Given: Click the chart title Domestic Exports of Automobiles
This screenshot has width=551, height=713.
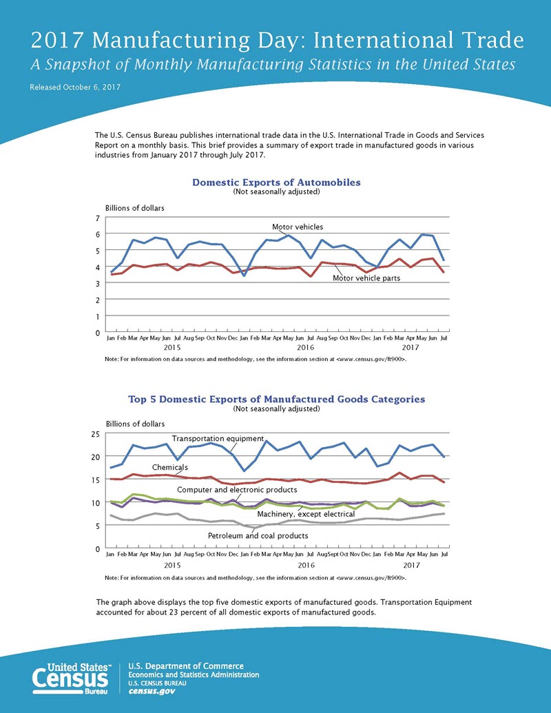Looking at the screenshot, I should point(276,183).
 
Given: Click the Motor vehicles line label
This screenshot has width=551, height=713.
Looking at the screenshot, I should point(298,227).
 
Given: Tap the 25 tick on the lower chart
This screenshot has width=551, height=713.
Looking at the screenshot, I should point(95,434).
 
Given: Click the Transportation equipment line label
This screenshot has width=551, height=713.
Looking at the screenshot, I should point(218,439).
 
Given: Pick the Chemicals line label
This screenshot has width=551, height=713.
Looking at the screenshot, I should point(170,468).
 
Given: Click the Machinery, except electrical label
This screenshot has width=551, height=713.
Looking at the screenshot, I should point(306,514).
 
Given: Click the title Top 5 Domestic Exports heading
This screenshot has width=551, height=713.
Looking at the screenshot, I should point(276,399).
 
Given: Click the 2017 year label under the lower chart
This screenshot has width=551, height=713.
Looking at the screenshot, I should point(411,565).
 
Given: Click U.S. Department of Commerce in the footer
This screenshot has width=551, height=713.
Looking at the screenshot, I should point(186,666).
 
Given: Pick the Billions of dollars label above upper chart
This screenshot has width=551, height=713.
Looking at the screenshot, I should point(134,208).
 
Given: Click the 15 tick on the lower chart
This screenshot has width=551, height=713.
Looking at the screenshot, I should point(95,479).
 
